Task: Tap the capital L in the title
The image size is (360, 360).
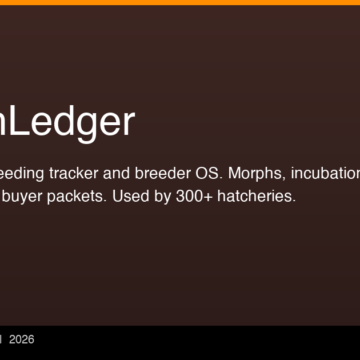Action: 21,122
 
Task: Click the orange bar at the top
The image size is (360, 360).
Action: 180,2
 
